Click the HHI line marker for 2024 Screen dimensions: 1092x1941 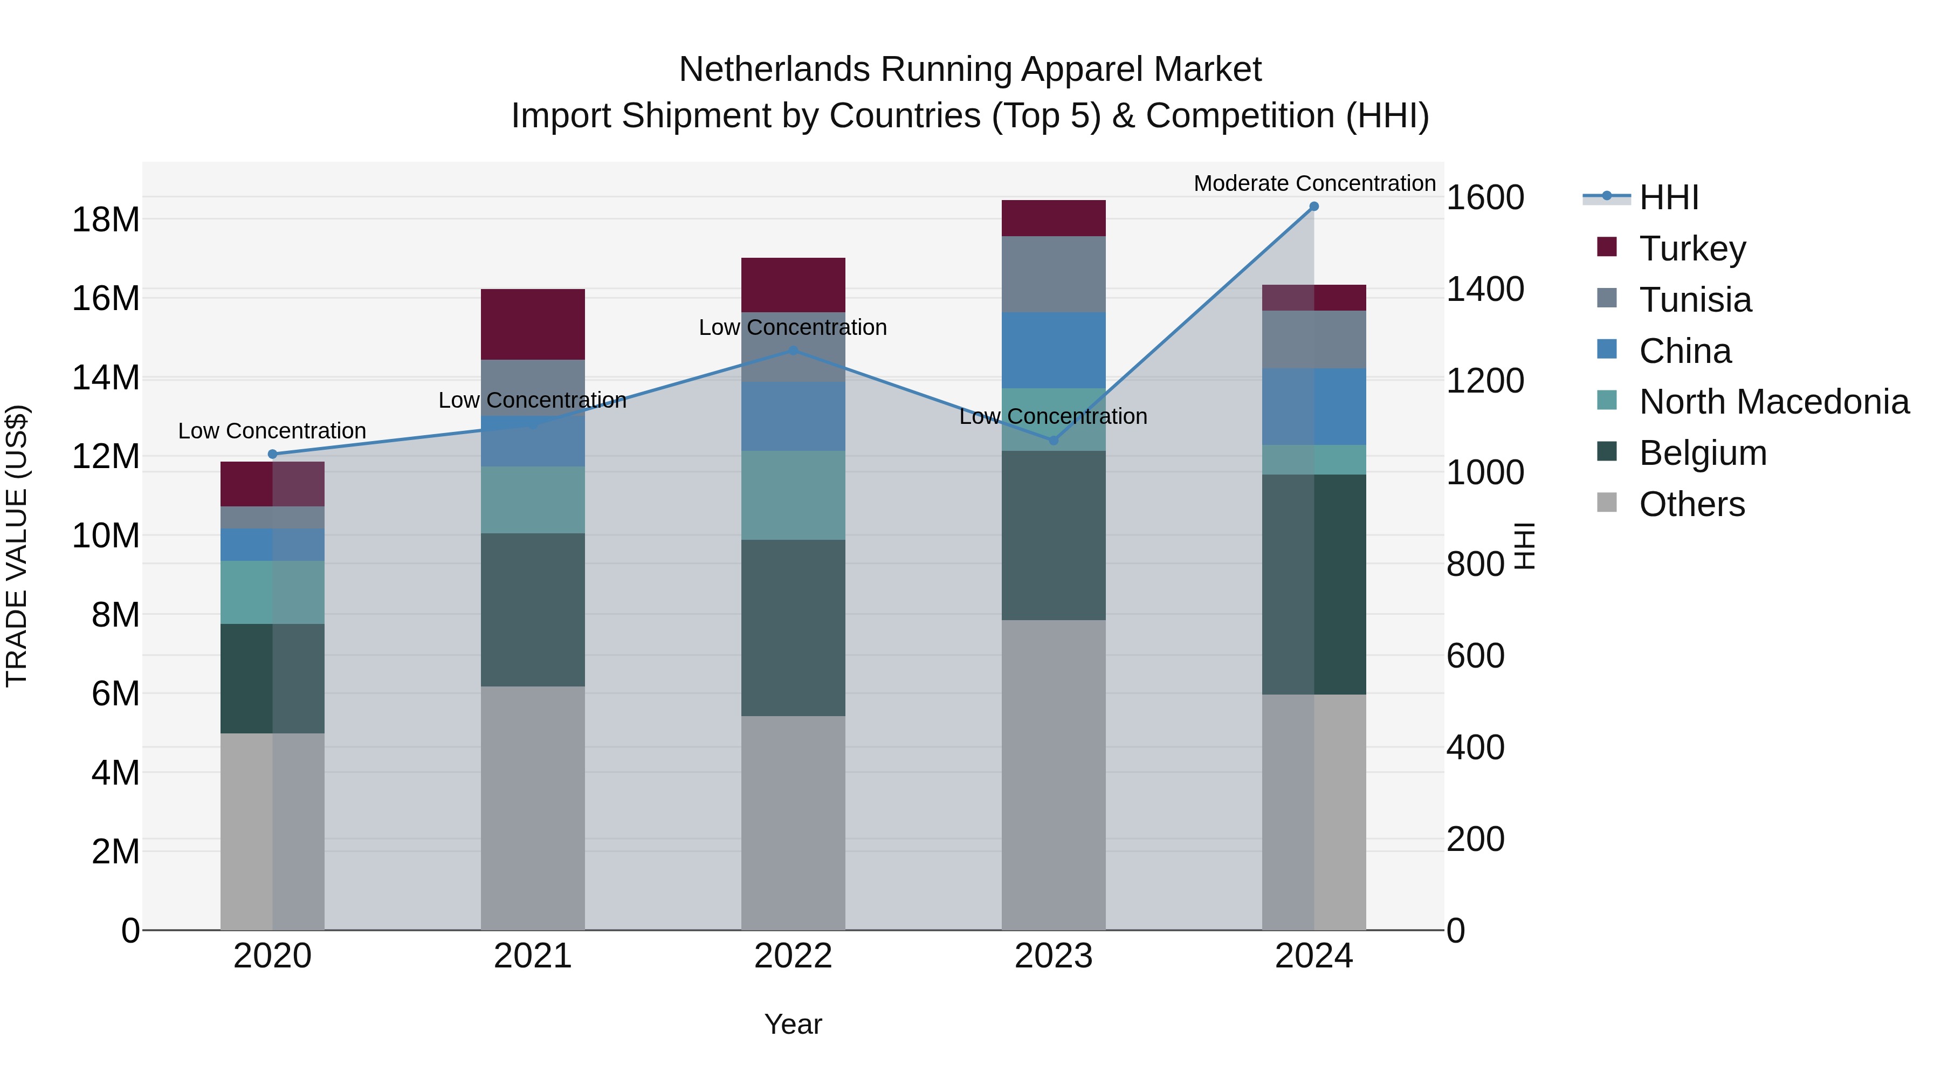(x=1313, y=207)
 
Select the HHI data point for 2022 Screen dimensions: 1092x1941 (x=793, y=351)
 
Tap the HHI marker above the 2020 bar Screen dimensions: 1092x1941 (x=273, y=454)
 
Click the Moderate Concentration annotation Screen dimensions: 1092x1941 (x=1314, y=183)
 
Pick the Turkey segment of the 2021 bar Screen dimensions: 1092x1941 (x=533, y=324)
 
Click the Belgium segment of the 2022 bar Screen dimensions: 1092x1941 (x=793, y=627)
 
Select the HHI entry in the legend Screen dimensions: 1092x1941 (x=1668, y=197)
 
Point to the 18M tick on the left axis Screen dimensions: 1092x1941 (x=106, y=220)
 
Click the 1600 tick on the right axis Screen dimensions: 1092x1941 (x=1484, y=198)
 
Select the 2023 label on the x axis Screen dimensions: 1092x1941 (x=1054, y=956)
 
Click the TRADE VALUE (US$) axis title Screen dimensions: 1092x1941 (x=17, y=546)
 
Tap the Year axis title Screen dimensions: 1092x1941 (x=793, y=1024)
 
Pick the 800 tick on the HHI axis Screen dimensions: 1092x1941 (x=1475, y=565)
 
